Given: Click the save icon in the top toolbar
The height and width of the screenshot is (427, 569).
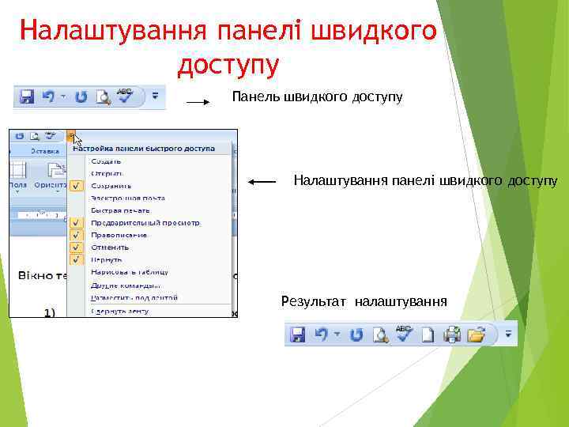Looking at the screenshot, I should [x=27, y=97].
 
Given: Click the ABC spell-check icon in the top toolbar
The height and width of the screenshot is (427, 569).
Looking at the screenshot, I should [x=125, y=95].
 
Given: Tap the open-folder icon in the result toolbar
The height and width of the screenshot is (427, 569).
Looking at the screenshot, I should [x=476, y=334].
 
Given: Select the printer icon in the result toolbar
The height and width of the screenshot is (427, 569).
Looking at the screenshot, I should [x=452, y=334].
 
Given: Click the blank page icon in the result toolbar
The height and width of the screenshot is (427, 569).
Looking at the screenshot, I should [x=428, y=334].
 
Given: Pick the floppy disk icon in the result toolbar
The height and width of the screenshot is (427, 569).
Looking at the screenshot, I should [x=298, y=334].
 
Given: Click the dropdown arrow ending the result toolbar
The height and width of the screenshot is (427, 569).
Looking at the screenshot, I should [x=509, y=334].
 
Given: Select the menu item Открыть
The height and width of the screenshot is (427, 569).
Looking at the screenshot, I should [x=107, y=172].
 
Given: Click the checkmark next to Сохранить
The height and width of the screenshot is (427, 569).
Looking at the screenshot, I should [x=77, y=185].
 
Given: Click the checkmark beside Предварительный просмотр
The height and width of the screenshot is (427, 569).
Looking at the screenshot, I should [x=77, y=222].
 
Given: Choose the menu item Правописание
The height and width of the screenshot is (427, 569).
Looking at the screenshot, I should [x=119, y=235].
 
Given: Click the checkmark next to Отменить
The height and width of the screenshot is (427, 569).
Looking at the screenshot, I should [x=77, y=247].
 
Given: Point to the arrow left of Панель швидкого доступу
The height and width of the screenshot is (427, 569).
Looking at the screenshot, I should [x=198, y=102].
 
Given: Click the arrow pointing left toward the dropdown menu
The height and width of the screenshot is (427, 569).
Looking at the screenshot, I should [x=262, y=182].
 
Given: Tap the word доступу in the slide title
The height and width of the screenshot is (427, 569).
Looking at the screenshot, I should [x=228, y=64].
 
